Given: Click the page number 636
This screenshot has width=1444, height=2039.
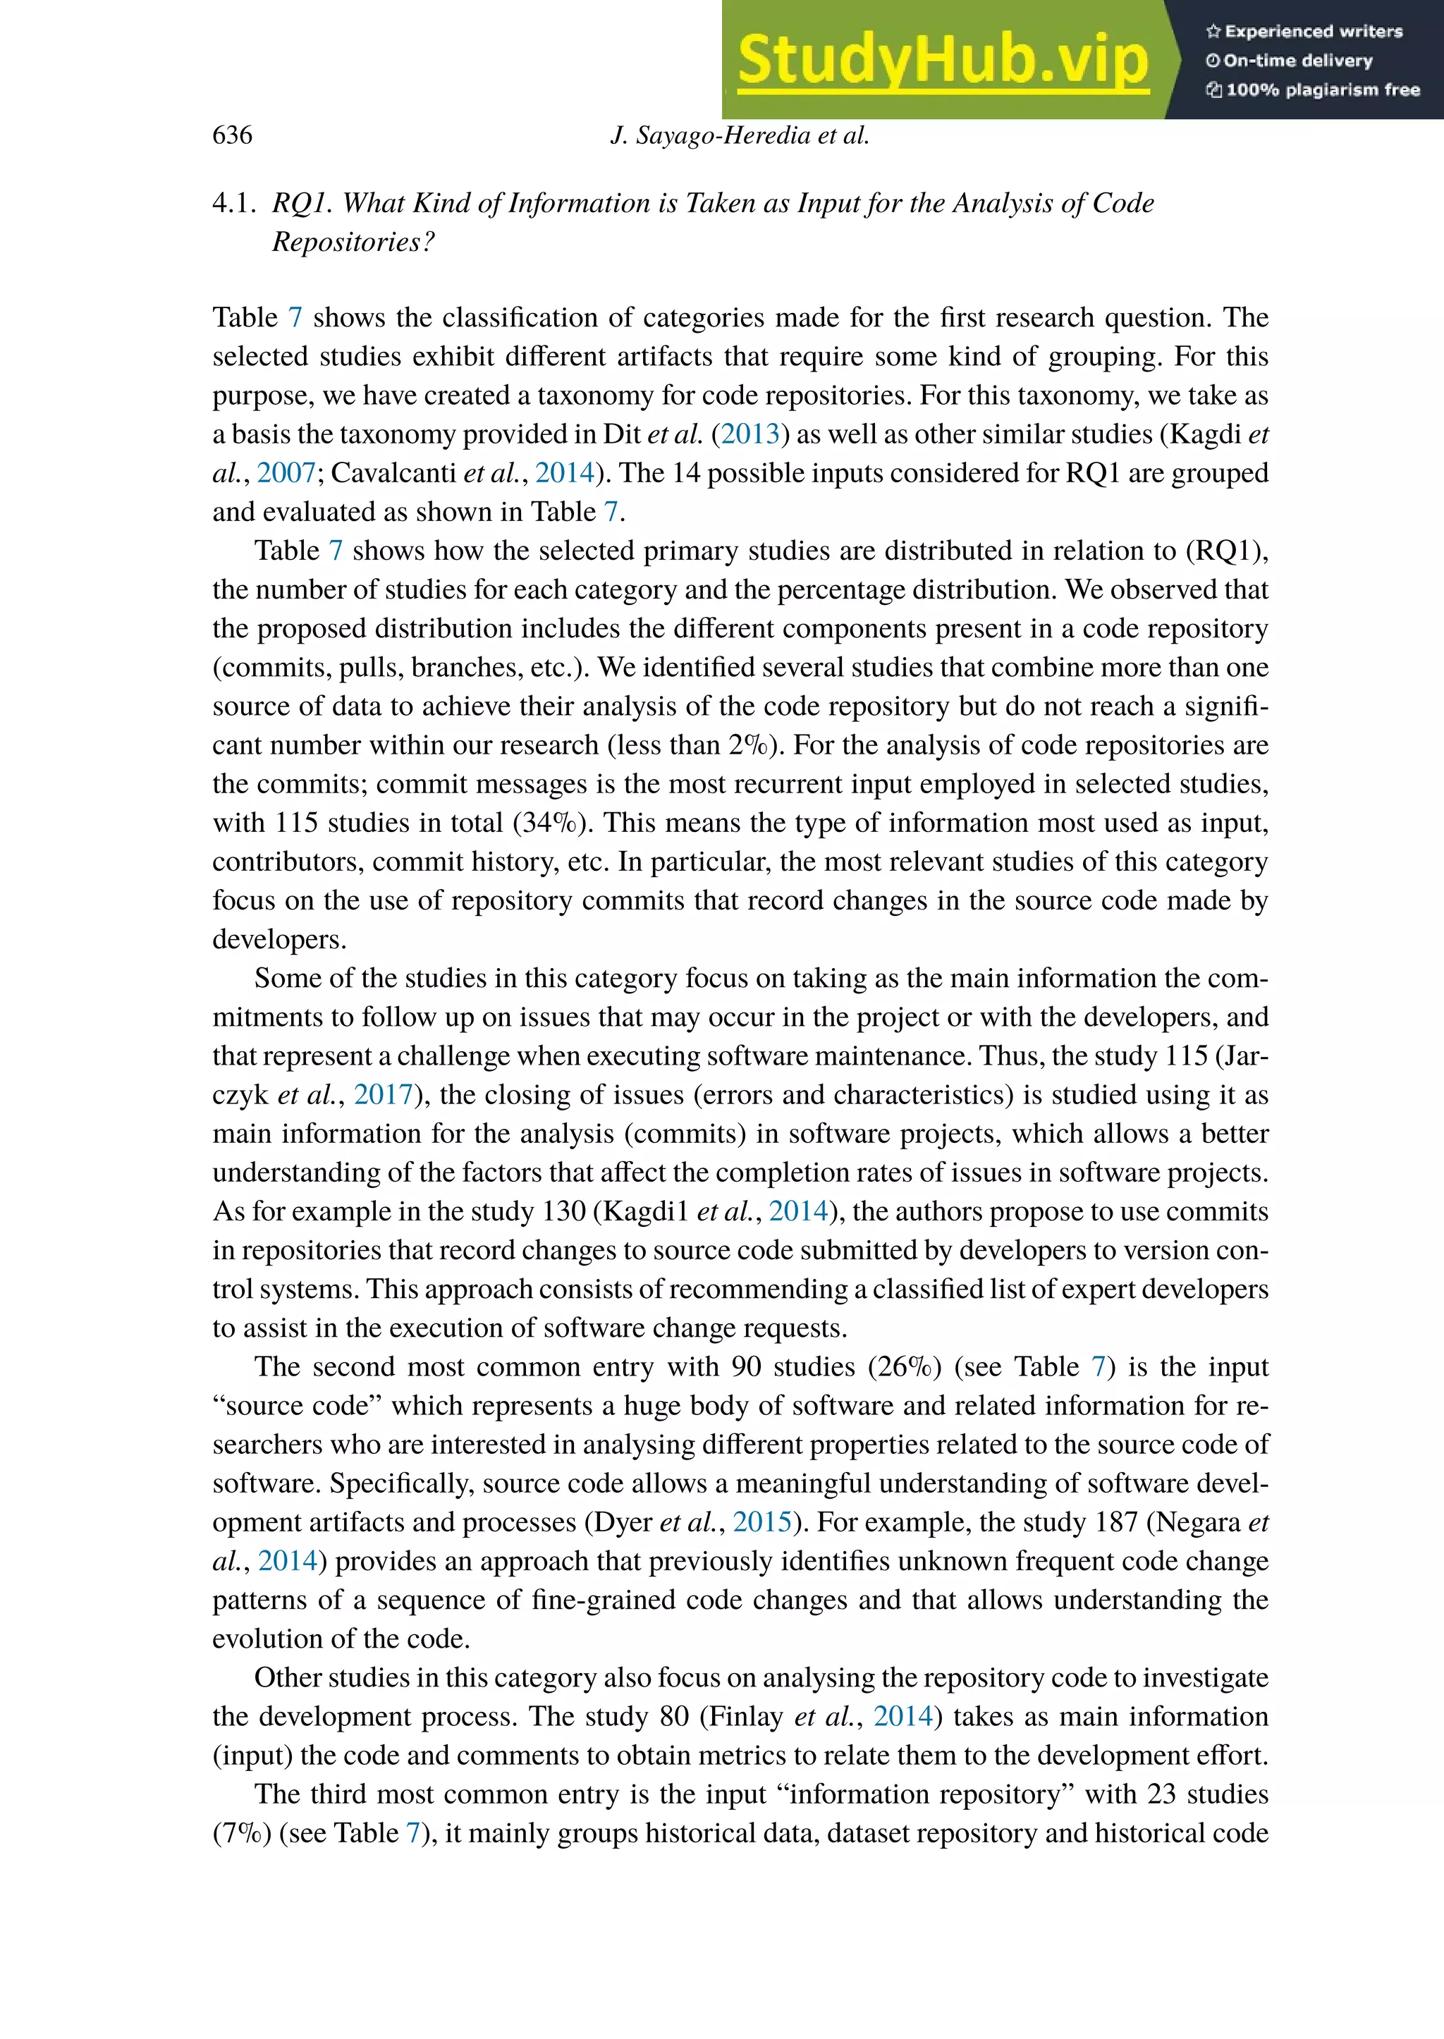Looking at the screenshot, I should click(232, 135).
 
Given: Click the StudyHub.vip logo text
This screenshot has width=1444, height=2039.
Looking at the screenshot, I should click(943, 60).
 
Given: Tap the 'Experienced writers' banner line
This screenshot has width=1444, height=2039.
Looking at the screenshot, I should click(1304, 31).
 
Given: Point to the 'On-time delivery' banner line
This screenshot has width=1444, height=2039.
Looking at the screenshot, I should click(1290, 61).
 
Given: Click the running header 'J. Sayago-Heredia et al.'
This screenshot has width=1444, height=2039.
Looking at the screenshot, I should click(740, 135).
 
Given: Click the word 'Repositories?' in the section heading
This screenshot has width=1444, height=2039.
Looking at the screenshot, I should click(353, 242).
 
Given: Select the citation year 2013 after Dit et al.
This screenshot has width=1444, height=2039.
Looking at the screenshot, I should click(749, 434).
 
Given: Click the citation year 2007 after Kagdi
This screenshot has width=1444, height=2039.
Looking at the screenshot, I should click(286, 473).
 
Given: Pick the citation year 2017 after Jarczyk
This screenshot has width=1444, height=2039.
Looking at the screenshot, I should click(384, 1095).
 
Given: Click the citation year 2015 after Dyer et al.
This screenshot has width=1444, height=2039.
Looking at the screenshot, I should click(762, 1522).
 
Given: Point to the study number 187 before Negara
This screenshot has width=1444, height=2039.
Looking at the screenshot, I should click(1117, 1522).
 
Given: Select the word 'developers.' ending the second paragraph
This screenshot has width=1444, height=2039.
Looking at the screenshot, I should click(279, 940).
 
